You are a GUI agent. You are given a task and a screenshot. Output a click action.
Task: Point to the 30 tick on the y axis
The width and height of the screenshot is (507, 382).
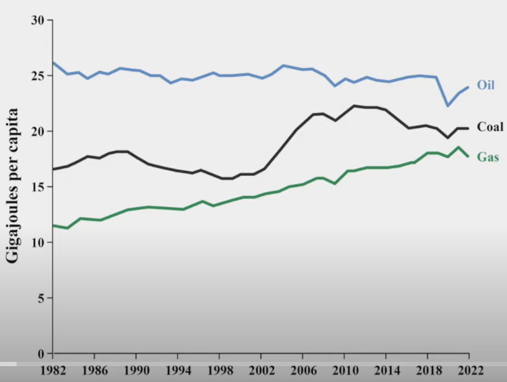(x=37, y=20)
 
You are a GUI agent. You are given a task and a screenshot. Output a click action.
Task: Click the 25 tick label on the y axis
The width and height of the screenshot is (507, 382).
(x=37, y=75)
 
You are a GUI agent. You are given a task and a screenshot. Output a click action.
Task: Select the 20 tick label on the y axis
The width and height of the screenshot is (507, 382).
(x=37, y=131)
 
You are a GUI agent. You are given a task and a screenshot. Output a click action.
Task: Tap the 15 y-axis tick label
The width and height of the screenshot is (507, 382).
(x=37, y=187)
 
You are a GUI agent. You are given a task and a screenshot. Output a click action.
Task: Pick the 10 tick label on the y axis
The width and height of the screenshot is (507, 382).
(x=37, y=243)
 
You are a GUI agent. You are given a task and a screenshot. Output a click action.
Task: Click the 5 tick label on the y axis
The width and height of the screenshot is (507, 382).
(x=40, y=298)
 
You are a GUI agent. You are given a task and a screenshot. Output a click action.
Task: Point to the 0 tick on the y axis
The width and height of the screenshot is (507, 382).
(x=40, y=353)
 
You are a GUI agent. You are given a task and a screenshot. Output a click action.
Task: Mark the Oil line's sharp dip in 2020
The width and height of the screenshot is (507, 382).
(x=447, y=106)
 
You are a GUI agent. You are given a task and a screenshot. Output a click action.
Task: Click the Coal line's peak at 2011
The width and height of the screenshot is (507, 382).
(x=354, y=106)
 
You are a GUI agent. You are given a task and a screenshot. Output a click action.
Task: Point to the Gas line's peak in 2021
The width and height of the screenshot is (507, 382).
(x=458, y=147)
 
